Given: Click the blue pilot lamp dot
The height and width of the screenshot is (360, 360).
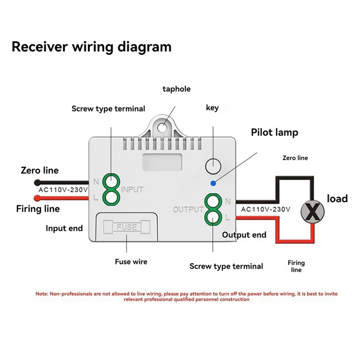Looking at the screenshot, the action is coord(213,183).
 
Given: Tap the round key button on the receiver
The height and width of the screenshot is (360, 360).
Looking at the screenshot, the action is coord(213,166).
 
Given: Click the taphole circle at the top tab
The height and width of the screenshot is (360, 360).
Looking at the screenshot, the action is coord(162,128).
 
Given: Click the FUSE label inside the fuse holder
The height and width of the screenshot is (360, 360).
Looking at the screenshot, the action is coord(127,227).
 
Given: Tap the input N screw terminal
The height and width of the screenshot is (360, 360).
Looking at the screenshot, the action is coord(111,182).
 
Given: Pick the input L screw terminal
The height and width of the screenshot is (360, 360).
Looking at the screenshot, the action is coord(111,197).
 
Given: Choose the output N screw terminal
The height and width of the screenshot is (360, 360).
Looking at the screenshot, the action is coord(213,202).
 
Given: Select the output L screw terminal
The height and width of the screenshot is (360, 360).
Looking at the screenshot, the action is coord(213,217).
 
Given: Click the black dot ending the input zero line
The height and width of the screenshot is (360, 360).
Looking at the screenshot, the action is coord(37,183).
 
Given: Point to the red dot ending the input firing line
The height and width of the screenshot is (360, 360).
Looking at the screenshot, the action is coord(37,198).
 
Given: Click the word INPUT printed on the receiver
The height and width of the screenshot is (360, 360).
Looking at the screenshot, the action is coord(132,189).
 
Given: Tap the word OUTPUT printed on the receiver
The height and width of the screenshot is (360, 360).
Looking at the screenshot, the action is coord(188,209).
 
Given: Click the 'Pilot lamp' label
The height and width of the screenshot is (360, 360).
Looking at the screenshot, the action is coord(274,132).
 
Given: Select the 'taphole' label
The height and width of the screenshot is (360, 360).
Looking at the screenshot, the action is coord(176,89).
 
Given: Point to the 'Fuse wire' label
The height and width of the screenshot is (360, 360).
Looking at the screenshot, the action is coord(131,262).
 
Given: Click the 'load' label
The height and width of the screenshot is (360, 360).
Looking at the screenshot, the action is coord(337,198).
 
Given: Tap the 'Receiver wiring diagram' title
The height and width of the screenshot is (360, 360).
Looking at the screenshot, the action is coord(92,47).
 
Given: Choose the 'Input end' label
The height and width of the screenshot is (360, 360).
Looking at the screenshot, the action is coord(64,228).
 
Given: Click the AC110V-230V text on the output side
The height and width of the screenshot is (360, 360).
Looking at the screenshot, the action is coord(265,209).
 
